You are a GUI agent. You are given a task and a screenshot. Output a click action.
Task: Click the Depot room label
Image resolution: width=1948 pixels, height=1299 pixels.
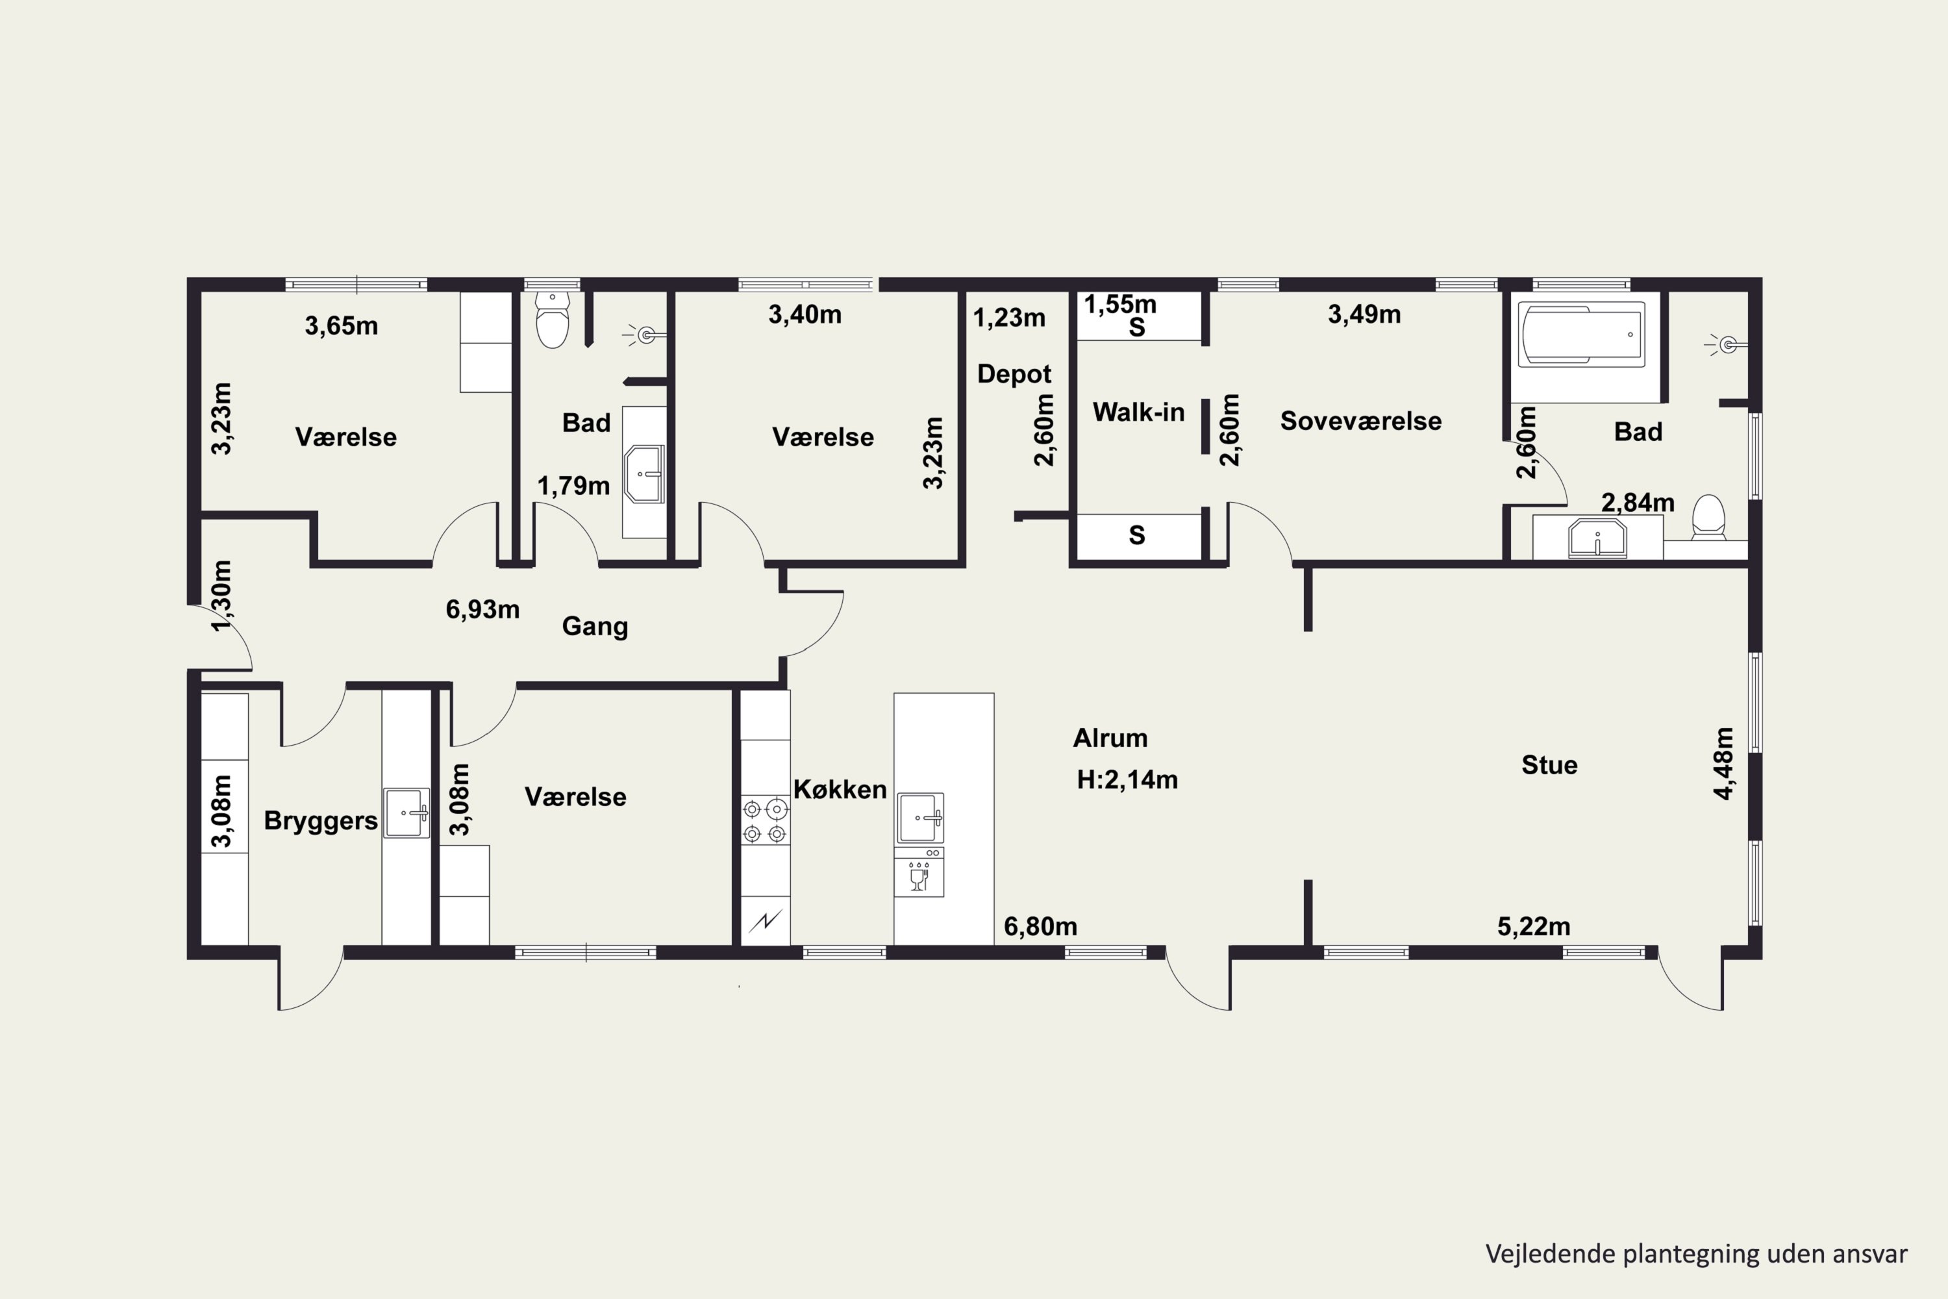(1014, 375)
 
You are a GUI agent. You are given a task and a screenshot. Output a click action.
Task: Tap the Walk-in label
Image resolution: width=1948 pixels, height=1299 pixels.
(1138, 412)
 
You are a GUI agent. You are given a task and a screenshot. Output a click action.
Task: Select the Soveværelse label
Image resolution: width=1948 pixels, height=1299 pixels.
(1361, 421)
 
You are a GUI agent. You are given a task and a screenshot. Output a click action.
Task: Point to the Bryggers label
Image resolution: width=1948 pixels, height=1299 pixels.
(321, 821)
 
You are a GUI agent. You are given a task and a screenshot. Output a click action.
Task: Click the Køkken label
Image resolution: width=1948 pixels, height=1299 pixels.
(840, 790)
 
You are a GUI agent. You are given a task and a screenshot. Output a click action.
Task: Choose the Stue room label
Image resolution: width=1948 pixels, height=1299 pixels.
(1549, 764)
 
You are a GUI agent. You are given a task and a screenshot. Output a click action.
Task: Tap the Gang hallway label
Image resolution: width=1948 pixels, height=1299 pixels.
(595, 626)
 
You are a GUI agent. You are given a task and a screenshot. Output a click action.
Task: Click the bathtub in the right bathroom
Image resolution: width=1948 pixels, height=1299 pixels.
(1581, 334)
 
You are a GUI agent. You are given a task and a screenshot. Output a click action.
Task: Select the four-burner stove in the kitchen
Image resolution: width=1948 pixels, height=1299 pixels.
(764, 820)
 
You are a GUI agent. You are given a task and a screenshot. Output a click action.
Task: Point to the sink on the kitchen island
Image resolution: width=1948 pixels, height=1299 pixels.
(920, 818)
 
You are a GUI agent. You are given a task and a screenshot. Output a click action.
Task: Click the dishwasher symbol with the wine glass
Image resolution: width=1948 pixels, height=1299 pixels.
(919, 872)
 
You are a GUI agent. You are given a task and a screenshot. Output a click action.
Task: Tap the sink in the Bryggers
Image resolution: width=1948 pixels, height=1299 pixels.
(406, 813)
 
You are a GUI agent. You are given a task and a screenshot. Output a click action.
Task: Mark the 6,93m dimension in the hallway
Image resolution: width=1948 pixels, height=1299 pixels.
(483, 610)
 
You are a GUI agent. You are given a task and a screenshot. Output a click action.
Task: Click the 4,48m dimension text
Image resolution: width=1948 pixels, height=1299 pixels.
(1723, 763)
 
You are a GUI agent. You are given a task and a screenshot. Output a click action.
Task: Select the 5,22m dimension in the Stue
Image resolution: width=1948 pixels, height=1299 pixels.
(1533, 926)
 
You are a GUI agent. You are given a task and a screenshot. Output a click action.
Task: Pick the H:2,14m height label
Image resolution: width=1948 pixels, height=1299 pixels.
(1127, 779)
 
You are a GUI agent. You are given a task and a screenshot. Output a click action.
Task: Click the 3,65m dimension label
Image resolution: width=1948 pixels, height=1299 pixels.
(342, 325)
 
